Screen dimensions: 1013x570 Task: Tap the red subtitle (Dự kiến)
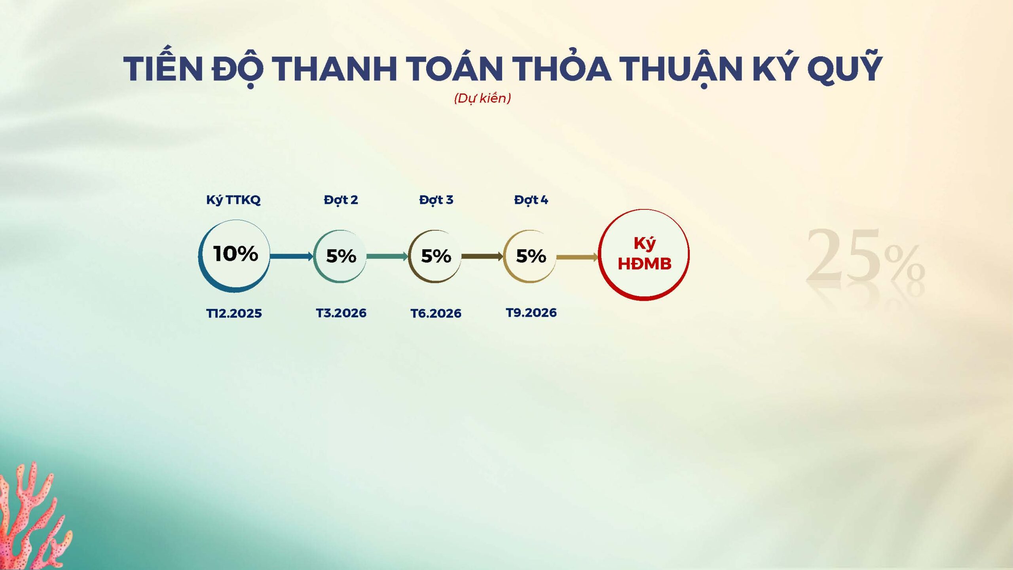(482, 98)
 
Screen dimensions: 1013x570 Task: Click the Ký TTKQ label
(233, 200)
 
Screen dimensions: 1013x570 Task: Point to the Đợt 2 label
(341, 200)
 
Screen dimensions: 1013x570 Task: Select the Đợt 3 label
(436, 200)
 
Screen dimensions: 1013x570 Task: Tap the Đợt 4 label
(531, 200)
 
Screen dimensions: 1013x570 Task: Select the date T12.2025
(234, 313)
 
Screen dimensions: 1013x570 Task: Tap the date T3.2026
(341, 313)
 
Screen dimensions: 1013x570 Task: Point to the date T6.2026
(436, 313)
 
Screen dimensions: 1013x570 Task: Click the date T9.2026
(531, 313)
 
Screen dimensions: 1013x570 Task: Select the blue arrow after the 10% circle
(292, 256)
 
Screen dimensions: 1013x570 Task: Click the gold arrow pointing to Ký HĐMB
(577, 257)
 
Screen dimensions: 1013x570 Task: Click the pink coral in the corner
(32, 519)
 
